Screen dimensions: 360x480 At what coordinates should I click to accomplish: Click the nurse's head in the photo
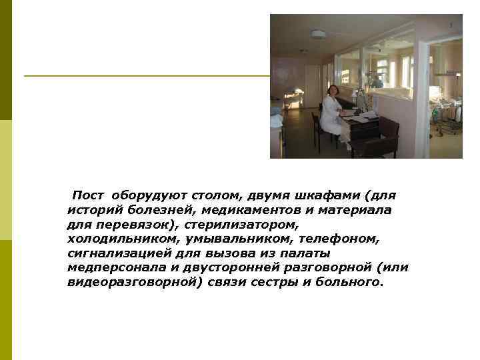332,90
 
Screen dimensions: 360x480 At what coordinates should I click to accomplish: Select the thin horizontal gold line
147,75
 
